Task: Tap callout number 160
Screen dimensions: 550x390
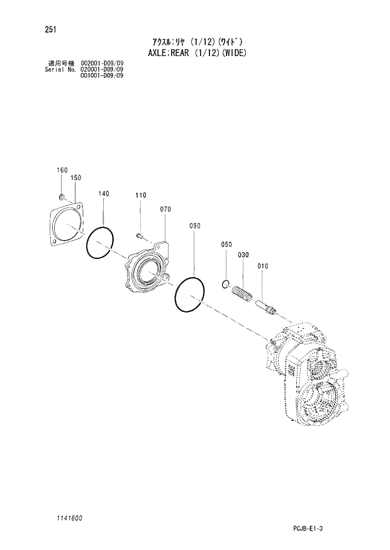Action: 62,170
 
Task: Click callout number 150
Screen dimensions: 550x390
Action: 76,178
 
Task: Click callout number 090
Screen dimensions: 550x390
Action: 194,226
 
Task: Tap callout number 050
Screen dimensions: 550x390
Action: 226,244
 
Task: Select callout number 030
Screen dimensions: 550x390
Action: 244,255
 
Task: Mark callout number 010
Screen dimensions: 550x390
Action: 263,266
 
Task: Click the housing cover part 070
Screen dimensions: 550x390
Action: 150,271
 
